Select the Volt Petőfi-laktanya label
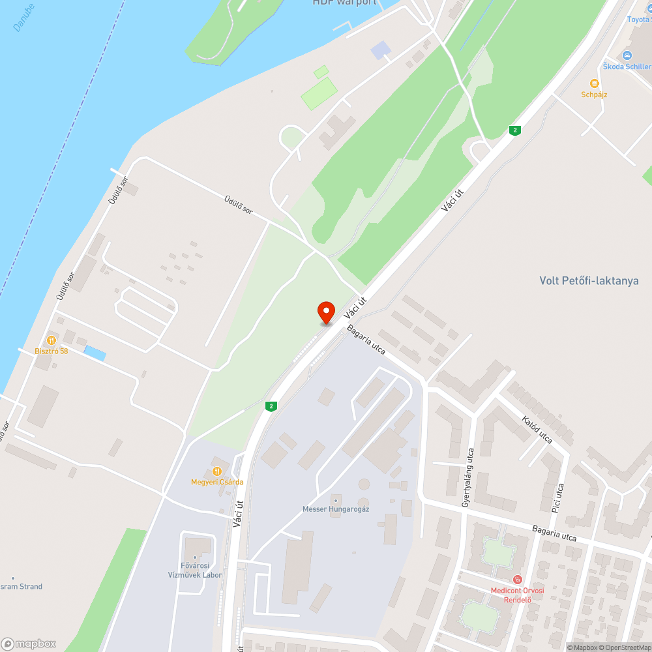click(x=589, y=281)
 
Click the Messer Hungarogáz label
click(x=336, y=509)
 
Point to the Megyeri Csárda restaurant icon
click(x=216, y=471)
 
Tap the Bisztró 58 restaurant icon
click(x=51, y=340)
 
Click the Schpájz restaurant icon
click(x=594, y=83)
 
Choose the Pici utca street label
click(x=557, y=497)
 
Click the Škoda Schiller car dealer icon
click(x=627, y=55)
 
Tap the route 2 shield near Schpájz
click(x=515, y=130)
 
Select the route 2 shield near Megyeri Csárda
click(x=271, y=406)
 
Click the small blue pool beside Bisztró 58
click(x=95, y=353)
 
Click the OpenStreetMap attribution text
click(x=627, y=647)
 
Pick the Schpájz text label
click(x=594, y=95)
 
